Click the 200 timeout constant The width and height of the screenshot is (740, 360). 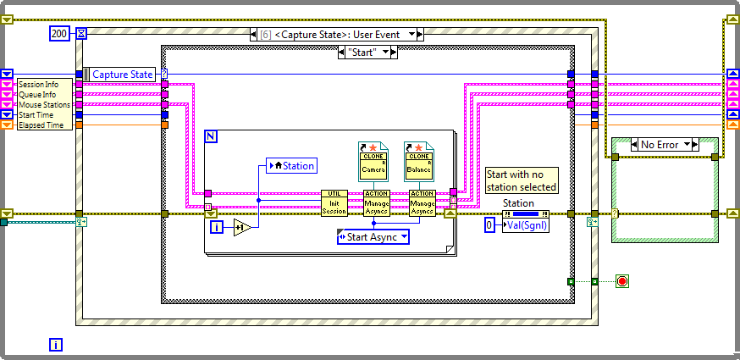pyautogui.click(x=59, y=34)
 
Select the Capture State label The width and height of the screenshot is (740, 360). pyautogui.click(x=123, y=75)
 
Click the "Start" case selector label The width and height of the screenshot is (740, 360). pyautogui.click(x=367, y=53)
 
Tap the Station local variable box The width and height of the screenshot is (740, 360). pyautogui.click(x=292, y=166)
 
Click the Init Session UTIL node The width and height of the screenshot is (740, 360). pyautogui.click(x=334, y=203)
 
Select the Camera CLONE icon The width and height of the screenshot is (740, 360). pyautogui.click(x=373, y=160)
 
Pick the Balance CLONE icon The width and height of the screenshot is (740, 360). pyautogui.click(x=418, y=160)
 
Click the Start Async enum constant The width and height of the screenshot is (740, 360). pyautogui.click(x=373, y=237)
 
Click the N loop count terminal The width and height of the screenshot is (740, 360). pyautogui.click(x=212, y=136)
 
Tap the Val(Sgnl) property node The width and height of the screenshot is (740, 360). pyautogui.click(x=525, y=225)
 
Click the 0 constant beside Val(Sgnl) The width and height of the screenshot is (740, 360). pyautogui.click(x=489, y=225)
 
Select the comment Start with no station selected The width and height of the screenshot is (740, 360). pyautogui.click(x=522, y=180)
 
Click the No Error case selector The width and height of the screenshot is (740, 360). pyautogui.click(x=660, y=145)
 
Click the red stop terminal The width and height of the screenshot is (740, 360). pyautogui.click(x=623, y=280)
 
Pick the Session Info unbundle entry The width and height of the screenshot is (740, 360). pyautogui.click(x=40, y=85)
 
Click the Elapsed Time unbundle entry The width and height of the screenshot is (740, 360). pyautogui.click(x=41, y=125)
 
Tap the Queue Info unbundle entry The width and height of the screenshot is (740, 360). pyautogui.click(x=38, y=95)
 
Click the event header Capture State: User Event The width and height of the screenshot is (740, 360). pyautogui.click(x=337, y=34)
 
